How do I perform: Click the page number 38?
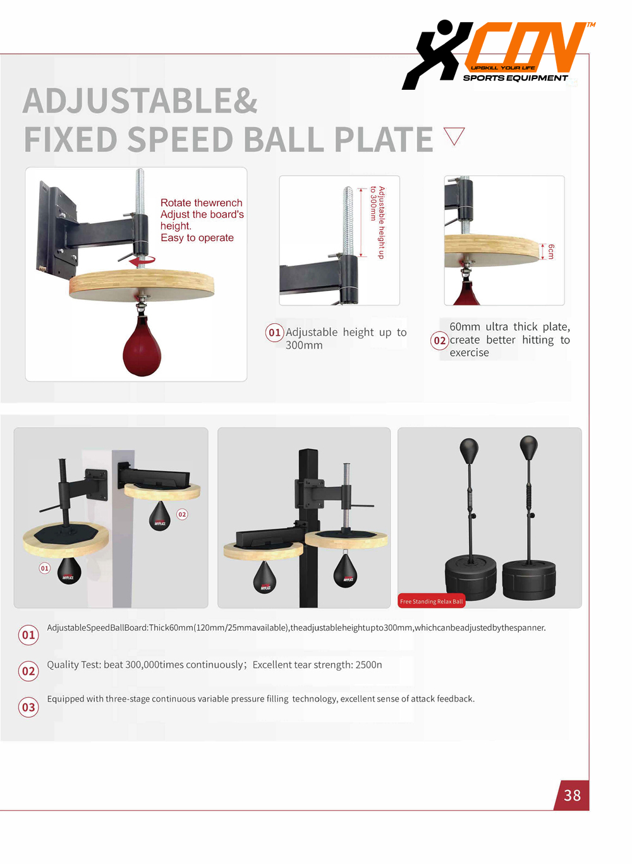571,795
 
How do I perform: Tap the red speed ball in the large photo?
142,347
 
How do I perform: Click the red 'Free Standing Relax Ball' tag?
431,601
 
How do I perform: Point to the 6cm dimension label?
551,252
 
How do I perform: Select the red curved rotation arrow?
142,261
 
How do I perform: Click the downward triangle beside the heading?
454,136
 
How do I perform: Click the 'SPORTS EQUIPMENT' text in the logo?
515,78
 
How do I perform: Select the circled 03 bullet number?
28,707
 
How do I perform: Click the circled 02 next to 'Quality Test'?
28,670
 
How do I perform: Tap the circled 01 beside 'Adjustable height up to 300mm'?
274,332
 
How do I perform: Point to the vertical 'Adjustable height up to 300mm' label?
377,223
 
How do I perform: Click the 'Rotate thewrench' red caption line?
202,202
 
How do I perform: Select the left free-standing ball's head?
469,451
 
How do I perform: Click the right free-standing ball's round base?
529,580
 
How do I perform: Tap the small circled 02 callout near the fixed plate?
182,514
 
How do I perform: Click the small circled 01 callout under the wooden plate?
45,568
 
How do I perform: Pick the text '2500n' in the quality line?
368,665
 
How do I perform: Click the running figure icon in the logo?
437,54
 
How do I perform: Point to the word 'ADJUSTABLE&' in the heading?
140,101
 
